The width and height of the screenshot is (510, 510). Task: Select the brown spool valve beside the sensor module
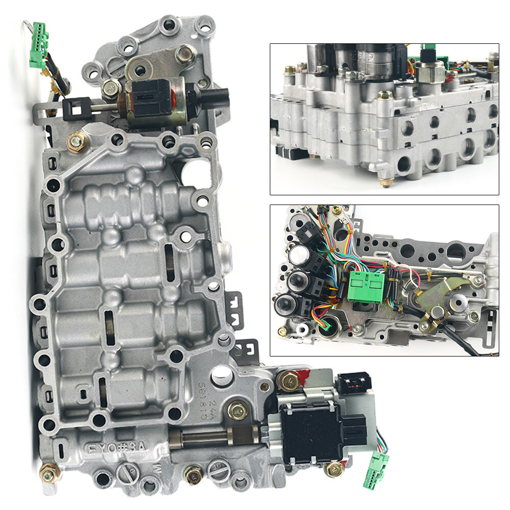tap(214, 437)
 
